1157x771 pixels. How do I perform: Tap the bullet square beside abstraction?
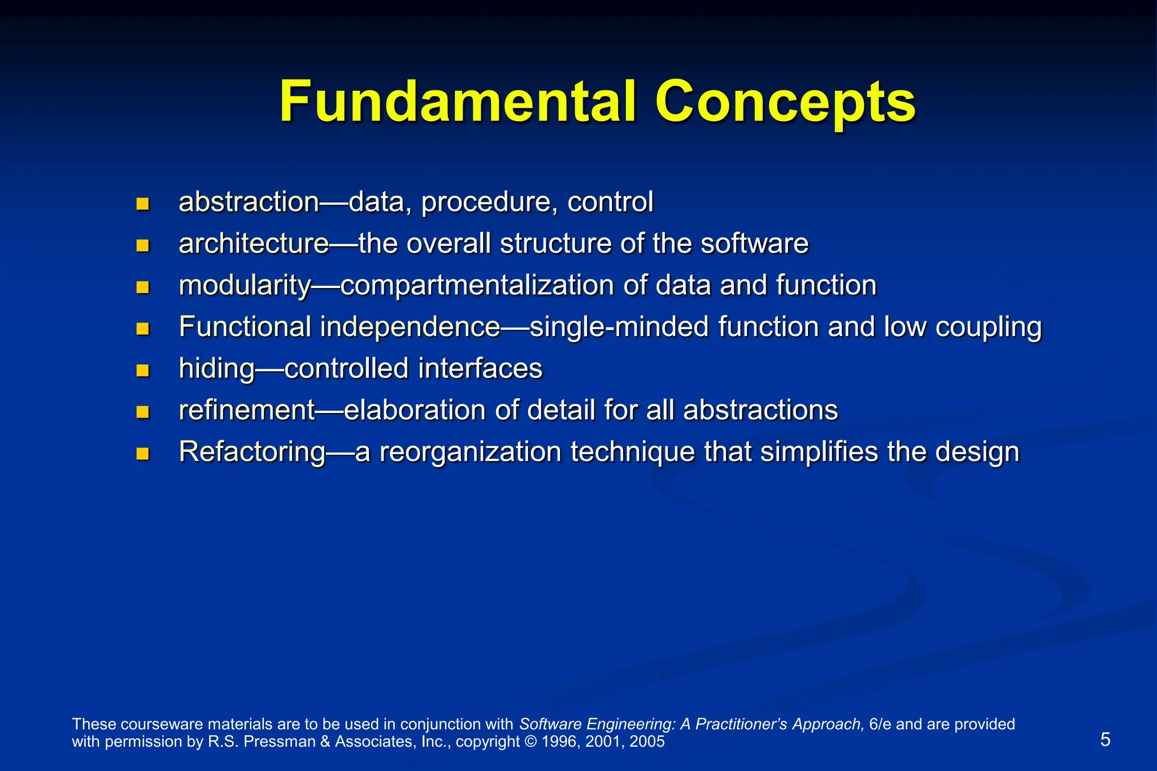point(142,204)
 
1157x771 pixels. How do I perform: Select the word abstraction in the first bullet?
point(249,202)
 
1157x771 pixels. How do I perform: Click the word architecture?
point(254,244)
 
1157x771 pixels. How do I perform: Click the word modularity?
point(245,285)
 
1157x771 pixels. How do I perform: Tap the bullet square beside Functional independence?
point(142,329)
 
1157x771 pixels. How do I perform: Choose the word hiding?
point(217,369)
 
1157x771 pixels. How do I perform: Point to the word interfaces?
point(480,368)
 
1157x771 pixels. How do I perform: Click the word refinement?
point(246,410)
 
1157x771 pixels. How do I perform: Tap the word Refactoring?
point(252,452)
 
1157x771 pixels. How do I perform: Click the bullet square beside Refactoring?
point(142,454)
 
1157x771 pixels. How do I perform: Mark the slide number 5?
point(1105,739)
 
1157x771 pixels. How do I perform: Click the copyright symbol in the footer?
point(530,742)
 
